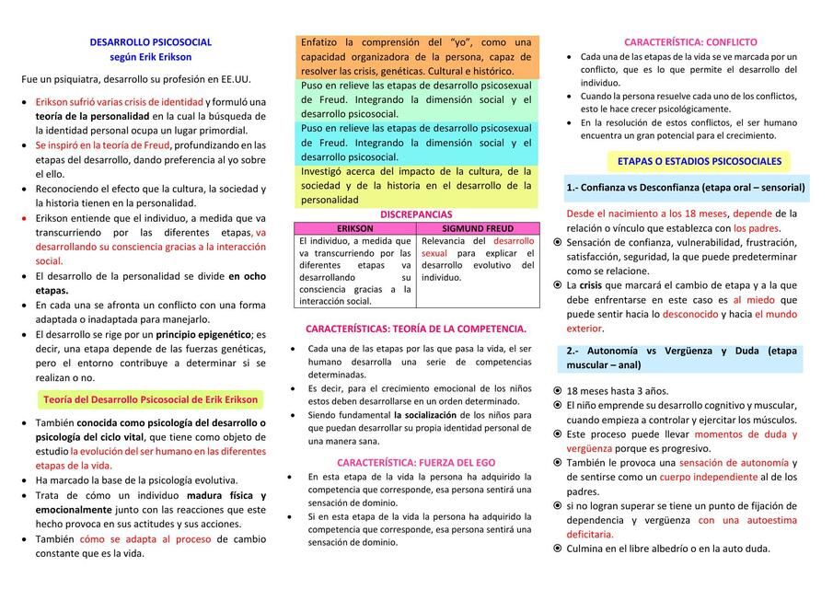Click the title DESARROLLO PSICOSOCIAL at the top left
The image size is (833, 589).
(x=150, y=42)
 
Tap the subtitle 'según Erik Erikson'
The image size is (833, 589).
(x=150, y=57)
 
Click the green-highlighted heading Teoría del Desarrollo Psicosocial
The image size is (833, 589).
(x=151, y=399)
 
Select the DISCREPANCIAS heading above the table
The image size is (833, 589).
(x=416, y=214)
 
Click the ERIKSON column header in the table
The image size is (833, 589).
(x=354, y=228)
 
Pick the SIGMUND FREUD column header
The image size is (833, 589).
(x=478, y=228)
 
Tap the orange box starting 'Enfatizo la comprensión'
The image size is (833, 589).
(x=416, y=57)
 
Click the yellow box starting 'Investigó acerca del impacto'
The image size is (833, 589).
(x=416, y=185)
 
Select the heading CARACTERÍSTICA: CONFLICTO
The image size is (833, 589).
(x=690, y=42)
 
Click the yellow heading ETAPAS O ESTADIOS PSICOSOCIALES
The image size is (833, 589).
(x=699, y=161)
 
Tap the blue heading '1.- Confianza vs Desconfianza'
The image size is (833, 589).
(x=686, y=188)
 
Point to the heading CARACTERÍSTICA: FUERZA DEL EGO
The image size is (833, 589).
(x=416, y=462)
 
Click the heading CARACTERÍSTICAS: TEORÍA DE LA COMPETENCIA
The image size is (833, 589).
(x=416, y=329)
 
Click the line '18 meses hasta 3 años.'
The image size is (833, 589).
(x=617, y=391)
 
